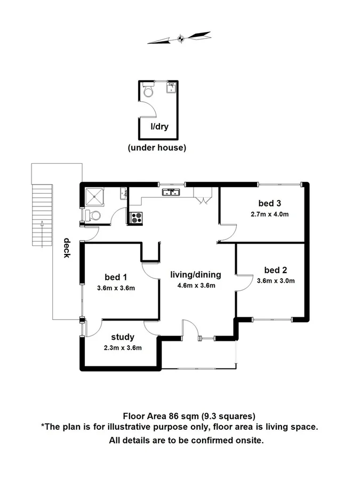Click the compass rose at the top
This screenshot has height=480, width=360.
(180, 38)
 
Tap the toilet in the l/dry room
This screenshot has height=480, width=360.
(148, 91)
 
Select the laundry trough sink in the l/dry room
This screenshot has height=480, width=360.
(171, 88)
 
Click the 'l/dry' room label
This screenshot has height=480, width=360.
(159, 127)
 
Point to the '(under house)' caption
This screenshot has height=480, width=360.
(157, 148)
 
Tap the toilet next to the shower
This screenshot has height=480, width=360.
(93, 215)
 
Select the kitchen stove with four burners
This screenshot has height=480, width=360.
(136, 217)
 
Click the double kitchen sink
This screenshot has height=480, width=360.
(172, 191)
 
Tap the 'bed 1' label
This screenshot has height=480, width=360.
(116, 277)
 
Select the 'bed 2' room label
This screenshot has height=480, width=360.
(276, 269)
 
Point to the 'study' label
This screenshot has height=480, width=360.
(122, 337)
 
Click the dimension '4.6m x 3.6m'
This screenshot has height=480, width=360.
(196, 285)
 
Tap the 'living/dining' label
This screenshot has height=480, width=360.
(195, 275)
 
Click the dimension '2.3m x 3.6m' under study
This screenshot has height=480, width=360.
(122, 348)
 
